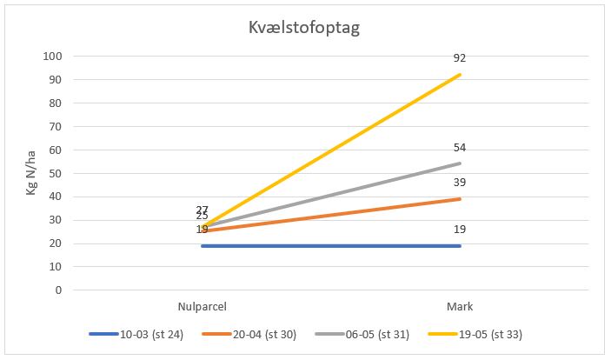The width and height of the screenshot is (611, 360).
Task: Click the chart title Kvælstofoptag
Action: coord(304,27)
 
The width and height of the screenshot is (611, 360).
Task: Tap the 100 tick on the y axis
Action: coord(53,57)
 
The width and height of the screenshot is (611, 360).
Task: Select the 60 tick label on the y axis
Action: coord(56,150)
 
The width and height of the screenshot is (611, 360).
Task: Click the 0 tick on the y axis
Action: coord(58,290)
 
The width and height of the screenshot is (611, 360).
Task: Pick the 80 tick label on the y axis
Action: coord(56,103)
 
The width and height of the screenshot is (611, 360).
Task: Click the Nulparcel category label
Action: coord(202,306)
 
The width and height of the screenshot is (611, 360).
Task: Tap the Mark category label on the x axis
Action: coord(460,306)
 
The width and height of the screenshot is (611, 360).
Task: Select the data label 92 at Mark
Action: coord(460,58)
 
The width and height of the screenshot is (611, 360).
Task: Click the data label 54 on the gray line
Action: coord(460,147)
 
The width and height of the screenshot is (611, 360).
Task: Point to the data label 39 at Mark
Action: coord(460,183)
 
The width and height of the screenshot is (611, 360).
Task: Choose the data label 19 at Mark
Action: coord(460,230)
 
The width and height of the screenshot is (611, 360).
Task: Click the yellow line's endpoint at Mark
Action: coord(460,75)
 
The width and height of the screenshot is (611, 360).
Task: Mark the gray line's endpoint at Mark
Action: coord(460,163)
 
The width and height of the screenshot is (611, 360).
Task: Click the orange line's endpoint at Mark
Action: coord(460,199)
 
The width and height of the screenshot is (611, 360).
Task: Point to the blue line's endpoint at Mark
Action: coord(460,246)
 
